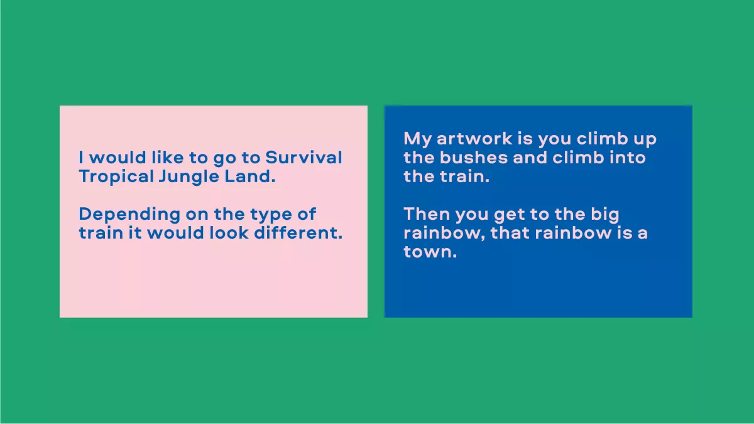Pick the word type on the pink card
(261, 215)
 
